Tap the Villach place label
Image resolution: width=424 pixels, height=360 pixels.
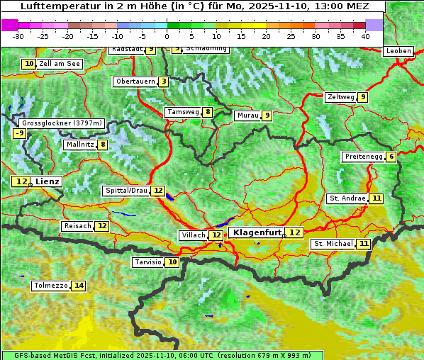pos(193,235)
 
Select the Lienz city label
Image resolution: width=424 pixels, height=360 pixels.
pos(48,182)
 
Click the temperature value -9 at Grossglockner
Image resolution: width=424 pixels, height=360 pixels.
pos(20,133)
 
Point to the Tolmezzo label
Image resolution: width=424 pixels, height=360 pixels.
pos(50,286)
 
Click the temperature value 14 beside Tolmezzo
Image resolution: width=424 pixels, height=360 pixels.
pos(78,286)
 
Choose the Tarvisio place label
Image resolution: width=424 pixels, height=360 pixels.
pos(148,262)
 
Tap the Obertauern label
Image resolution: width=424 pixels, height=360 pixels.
pos(135,81)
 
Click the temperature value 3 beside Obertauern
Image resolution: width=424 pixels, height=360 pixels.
pos(164,81)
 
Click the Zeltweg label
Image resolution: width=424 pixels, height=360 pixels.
pos(340,97)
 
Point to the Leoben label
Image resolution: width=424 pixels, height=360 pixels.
pos(398,51)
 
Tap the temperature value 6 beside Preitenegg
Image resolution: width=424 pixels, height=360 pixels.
pos(391,157)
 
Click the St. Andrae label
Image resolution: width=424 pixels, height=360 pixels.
pos(347,198)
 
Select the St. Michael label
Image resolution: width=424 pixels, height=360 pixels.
pos(333,244)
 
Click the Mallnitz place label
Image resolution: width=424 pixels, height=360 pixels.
pos(79,145)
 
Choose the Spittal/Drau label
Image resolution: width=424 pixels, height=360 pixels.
pos(126,191)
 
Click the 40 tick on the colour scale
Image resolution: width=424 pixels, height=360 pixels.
pos(365,35)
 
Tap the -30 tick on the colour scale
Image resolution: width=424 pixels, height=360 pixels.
pos(18,35)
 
